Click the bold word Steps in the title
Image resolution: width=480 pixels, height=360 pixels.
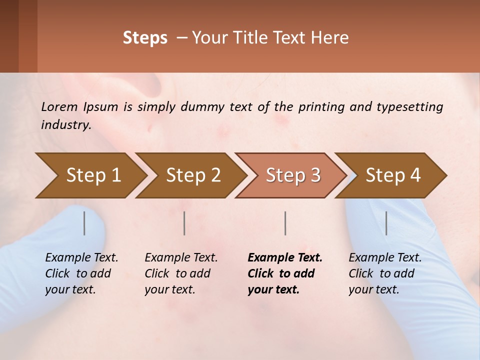coord(145,38)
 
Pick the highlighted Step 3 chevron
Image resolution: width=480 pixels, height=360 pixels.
coord(293,175)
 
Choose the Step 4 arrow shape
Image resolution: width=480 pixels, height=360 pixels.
coord(393,175)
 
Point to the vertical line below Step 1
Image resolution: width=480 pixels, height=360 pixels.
coord(84,223)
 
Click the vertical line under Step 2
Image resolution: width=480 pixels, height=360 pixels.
coord(184,223)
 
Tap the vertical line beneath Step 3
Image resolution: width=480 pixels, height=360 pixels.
coord(285,223)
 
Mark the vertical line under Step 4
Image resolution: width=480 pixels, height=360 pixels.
coord(386,223)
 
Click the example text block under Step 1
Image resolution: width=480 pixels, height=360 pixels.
coord(81,273)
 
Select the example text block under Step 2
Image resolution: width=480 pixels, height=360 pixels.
coord(180,273)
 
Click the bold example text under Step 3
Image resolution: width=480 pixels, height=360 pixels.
coord(284,273)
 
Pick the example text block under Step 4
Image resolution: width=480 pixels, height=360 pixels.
coord(384,273)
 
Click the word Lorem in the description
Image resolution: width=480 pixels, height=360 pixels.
coord(59,106)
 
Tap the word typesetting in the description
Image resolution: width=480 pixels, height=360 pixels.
coord(407,106)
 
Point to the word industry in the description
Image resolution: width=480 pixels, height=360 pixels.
coord(66,125)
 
